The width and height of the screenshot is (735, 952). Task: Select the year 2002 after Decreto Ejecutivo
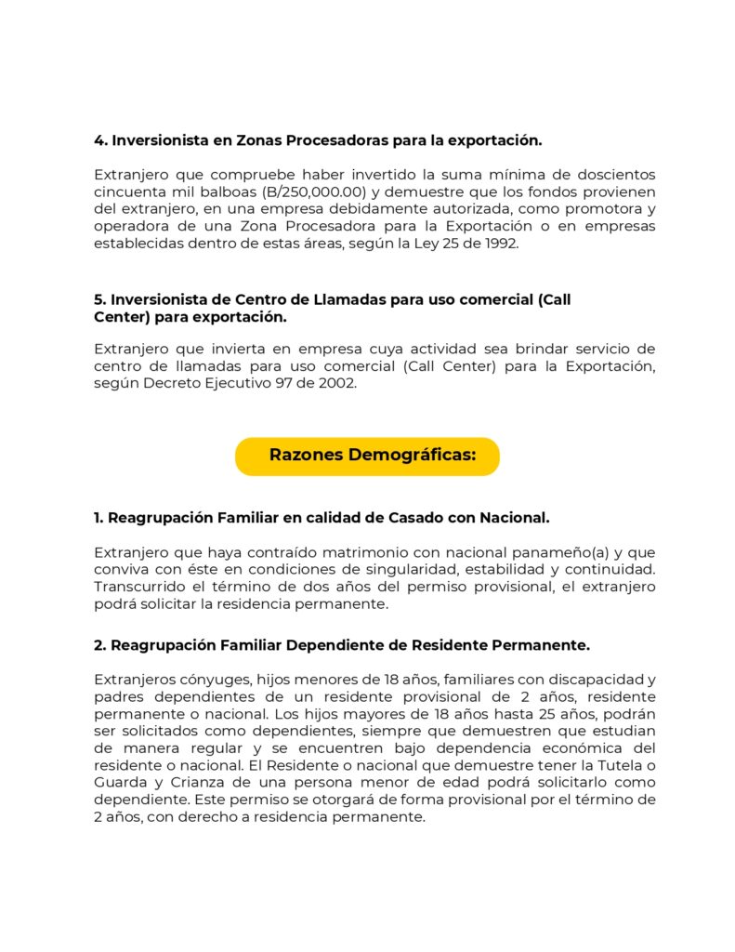336,383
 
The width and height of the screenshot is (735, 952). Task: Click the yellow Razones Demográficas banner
367,456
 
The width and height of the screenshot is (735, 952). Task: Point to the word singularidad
371,569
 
